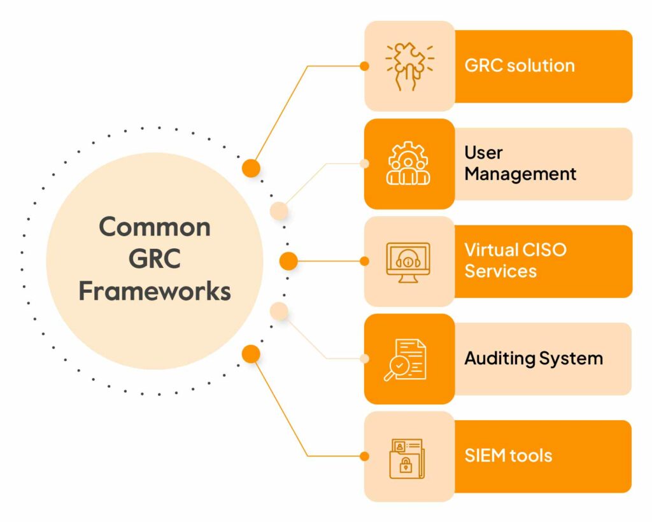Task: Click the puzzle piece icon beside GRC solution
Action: tap(409, 66)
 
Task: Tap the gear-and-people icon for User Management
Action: tap(408, 163)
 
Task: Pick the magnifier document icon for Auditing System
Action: tap(405, 360)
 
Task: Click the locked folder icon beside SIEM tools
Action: tap(407, 458)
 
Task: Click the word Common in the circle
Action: tap(155, 227)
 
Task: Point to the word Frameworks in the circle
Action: tap(155, 290)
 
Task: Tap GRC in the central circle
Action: tap(155, 258)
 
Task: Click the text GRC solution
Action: tap(520, 66)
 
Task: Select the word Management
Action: tap(520, 174)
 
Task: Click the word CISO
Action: tap(544, 250)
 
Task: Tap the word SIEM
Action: tap(485, 456)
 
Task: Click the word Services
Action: tap(500, 271)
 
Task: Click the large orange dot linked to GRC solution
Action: tap(251, 168)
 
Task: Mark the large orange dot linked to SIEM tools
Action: tap(251, 354)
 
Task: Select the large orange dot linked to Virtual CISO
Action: tap(288, 261)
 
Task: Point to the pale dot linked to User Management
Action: tap(279, 211)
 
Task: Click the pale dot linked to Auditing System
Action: tap(279, 311)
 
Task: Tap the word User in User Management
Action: tap(484, 153)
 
